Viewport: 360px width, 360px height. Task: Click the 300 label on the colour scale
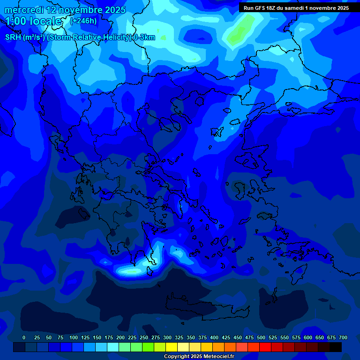[167, 337]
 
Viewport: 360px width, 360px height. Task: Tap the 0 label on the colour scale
[24, 337]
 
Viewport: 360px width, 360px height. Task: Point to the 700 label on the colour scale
[343, 337]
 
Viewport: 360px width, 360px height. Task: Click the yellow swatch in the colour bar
[172, 347]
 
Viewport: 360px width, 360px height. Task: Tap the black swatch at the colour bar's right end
[336, 347]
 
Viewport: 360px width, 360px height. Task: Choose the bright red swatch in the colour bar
[265, 347]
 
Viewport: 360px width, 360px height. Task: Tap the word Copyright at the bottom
[178, 357]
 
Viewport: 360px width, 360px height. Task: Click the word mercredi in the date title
[24, 10]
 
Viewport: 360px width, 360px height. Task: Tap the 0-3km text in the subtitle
[144, 37]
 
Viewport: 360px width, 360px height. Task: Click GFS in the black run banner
[260, 8]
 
